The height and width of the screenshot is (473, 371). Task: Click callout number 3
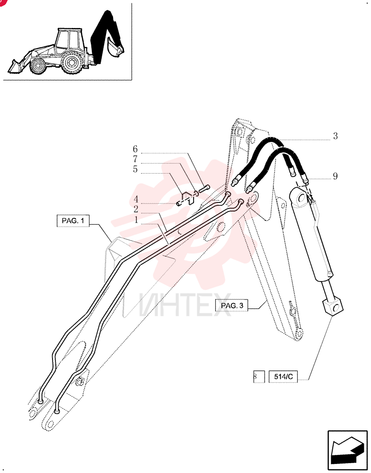336,136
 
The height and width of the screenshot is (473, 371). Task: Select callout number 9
336,176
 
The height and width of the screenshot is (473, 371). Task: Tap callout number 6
135,149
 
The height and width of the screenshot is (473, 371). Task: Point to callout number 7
135,159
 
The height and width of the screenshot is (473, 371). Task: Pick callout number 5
135,169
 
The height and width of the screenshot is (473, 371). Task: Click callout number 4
136,200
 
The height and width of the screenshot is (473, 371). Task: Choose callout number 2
136,210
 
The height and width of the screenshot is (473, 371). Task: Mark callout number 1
136,220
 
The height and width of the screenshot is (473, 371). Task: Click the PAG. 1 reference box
73,221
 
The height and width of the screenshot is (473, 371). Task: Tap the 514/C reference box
283,377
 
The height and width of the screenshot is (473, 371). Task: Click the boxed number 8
259,377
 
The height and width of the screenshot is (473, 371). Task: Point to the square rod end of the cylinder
333,307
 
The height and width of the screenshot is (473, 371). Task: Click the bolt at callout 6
204,190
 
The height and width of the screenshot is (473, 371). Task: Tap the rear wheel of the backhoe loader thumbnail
71,63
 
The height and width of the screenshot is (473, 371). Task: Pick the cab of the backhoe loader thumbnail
69,40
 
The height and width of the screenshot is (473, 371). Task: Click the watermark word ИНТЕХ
185,304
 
